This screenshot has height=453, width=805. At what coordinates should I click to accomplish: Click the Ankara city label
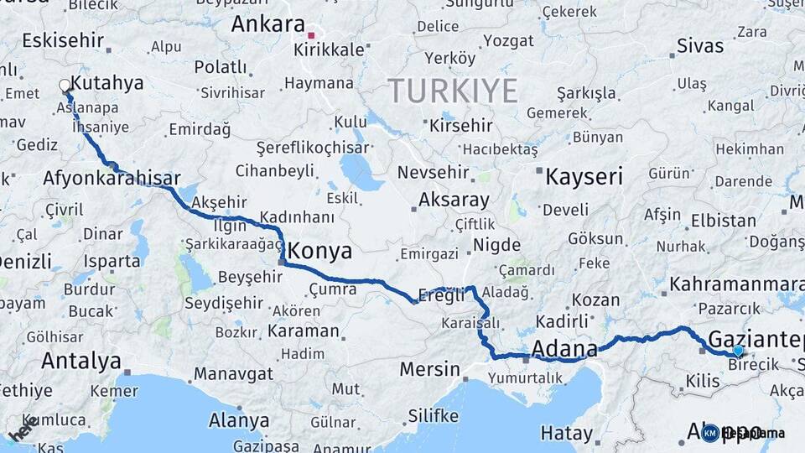click(267, 24)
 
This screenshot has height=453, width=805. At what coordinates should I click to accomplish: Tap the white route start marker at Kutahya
click(65, 85)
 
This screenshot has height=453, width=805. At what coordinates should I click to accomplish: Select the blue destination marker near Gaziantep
click(737, 351)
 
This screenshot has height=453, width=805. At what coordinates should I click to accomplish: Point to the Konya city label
click(319, 252)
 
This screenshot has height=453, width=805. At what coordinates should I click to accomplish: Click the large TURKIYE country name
click(453, 91)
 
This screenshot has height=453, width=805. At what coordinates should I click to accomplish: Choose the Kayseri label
click(584, 177)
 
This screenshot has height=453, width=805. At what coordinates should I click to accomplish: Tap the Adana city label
click(564, 347)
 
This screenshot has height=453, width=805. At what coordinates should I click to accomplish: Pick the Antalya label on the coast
click(81, 362)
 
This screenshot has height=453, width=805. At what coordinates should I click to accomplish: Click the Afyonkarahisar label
click(112, 179)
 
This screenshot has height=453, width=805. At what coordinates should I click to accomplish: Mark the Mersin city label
click(429, 369)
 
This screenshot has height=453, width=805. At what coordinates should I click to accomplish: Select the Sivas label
click(699, 44)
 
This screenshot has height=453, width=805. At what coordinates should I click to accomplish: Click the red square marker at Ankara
click(311, 35)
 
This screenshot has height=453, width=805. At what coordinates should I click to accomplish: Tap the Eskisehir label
click(63, 39)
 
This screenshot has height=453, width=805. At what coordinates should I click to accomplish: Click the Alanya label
click(239, 420)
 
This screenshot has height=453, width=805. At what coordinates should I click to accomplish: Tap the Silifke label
click(433, 416)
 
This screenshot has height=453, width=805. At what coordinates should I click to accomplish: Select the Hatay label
click(566, 433)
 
